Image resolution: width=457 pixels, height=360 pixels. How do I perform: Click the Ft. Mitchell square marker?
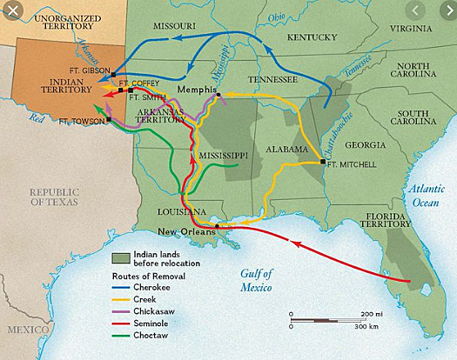[x=323, y=163]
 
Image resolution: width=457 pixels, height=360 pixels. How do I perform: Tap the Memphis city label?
[x=195, y=90]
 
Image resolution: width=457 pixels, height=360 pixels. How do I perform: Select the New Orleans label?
[x=184, y=230]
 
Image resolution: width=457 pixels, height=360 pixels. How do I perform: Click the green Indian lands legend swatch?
[x=124, y=258]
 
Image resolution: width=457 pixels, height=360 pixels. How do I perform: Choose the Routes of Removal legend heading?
[x=147, y=275]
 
